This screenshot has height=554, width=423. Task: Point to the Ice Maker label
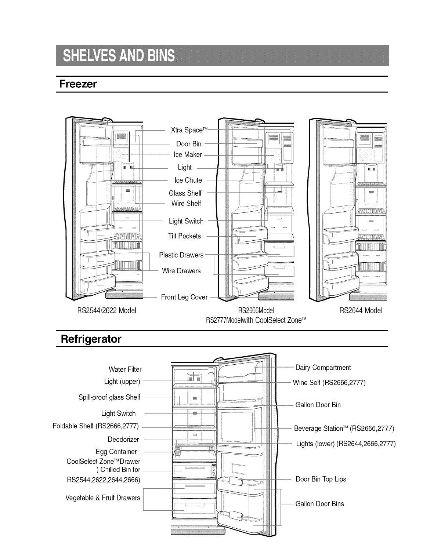(188, 154)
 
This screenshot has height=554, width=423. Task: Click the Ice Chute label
(188, 180)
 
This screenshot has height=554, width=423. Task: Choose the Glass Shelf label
(185, 193)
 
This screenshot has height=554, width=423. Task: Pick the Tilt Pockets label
(184, 236)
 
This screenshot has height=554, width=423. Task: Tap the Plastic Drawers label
(181, 255)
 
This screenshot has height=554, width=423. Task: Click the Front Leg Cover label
(184, 297)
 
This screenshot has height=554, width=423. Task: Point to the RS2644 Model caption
(361, 311)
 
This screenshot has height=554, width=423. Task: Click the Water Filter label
(125, 369)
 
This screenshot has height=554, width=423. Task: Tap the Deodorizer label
(123, 439)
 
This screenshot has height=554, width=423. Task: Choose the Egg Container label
(116, 452)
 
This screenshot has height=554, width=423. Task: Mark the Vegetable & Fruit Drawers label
(103, 498)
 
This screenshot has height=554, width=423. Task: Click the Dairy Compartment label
(323, 368)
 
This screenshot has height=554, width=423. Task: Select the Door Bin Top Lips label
(321, 479)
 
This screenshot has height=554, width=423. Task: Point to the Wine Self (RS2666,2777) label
(329, 383)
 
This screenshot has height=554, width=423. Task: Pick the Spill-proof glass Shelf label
(109, 397)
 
